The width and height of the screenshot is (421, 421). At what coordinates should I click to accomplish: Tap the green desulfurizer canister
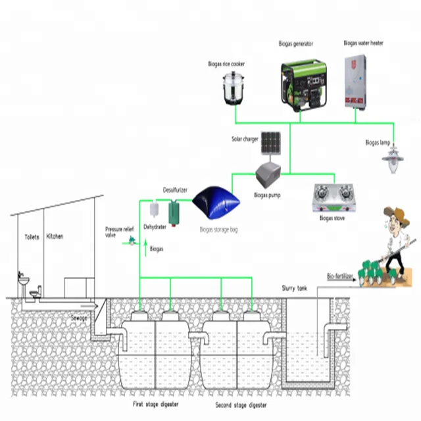coord(175,212)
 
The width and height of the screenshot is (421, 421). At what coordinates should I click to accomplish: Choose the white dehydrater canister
coord(153,210)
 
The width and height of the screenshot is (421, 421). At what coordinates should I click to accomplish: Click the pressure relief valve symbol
coord(132,241)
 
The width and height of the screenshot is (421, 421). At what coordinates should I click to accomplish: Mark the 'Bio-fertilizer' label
coord(340,276)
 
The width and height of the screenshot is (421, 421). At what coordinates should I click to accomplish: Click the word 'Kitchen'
coord(55,235)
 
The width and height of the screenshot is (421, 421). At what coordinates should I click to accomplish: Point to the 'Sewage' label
coord(79,317)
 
